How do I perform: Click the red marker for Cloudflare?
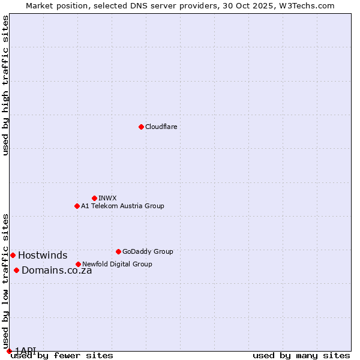(x=141, y=127)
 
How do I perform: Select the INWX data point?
(x=94, y=198)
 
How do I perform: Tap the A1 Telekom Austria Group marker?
(x=77, y=206)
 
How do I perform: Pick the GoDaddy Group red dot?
(x=118, y=251)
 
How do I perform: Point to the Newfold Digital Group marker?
(x=78, y=264)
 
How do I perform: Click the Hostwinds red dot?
(x=13, y=255)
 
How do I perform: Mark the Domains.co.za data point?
(x=16, y=270)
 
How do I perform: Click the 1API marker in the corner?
(x=9, y=351)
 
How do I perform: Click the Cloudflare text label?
(x=161, y=127)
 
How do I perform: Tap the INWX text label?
(x=107, y=198)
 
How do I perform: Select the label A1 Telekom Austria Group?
(x=122, y=206)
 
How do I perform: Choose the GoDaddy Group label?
(x=148, y=251)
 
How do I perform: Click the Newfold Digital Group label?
(x=117, y=264)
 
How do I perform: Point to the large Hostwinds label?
(x=43, y=255)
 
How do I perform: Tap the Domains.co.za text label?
(x=56, y=270)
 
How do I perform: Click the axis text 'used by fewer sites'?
(x=62, y=355)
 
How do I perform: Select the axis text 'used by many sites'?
(x=301, y=355)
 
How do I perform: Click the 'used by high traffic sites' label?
(x=5, y=85)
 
